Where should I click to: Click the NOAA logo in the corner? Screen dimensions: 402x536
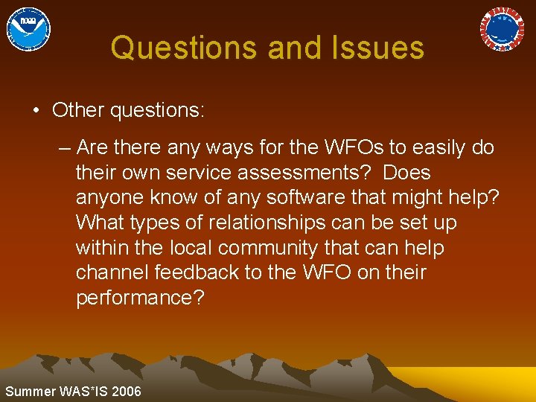[28, 29]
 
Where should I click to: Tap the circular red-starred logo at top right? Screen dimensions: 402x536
[502, 29]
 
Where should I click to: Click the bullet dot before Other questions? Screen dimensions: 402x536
[36, 111]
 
